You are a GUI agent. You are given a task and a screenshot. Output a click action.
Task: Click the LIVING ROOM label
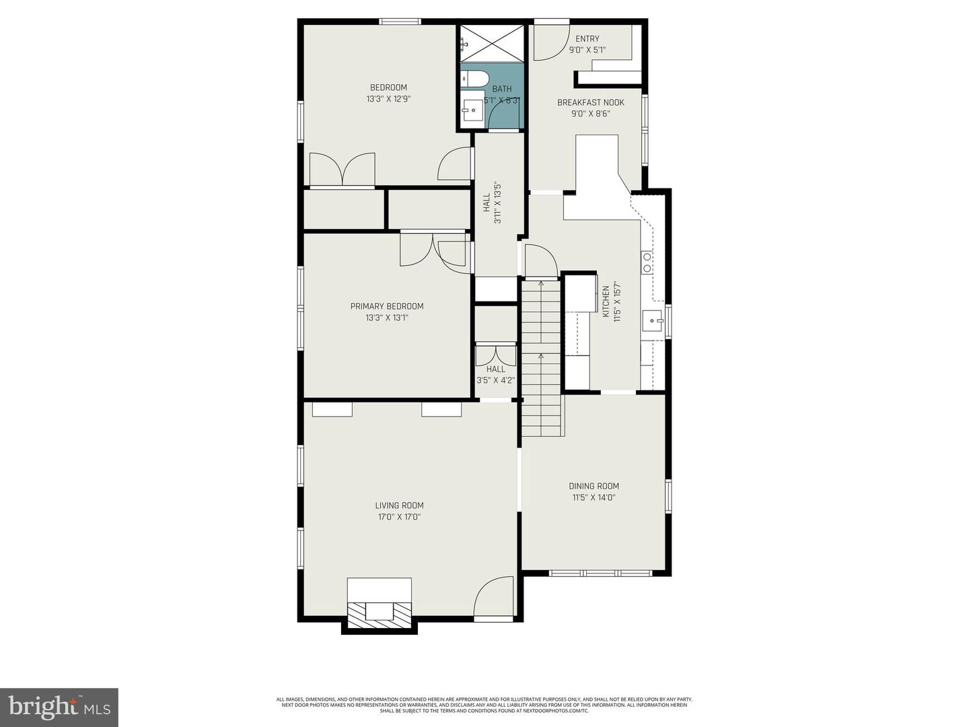[x=399, y=506]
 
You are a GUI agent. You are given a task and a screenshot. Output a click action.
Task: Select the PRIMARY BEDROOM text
[x=386, y=306]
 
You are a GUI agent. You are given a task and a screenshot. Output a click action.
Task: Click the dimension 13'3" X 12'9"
[x=388, y=99]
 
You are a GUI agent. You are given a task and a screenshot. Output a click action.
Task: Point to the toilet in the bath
[x=474, y=79]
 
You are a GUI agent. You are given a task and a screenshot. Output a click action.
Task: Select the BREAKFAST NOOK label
[x=590, y=102]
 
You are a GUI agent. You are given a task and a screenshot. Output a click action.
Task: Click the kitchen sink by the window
[x=651, y=322]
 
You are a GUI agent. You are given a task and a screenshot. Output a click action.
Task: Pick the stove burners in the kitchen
[x=647, y=263]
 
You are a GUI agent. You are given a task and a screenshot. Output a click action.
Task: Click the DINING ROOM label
[x=594, y=486]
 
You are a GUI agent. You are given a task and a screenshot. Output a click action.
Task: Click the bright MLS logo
[x=59, y=707]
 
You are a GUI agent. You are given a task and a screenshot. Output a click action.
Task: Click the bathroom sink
[x=473, y=108]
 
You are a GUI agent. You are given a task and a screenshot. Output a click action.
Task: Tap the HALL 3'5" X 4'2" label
[x=495, y=374]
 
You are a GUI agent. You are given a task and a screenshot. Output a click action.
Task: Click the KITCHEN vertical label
[x=606, y=301]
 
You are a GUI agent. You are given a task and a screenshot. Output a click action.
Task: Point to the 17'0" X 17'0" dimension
[x=399, y=518]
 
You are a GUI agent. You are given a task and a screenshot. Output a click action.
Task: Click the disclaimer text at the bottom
[x=484, y=705]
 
